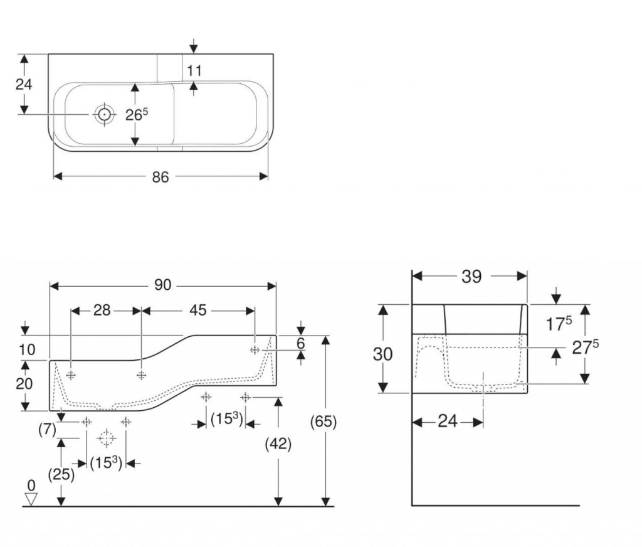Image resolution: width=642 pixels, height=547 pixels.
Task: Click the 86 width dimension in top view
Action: pyautogui.click(x=160, y=177)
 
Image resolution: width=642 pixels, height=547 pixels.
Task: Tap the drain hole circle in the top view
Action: pyautogui.click(x=103, y=114)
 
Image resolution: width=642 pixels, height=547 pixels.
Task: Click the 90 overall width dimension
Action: pyautogui.click(x=162, y=285)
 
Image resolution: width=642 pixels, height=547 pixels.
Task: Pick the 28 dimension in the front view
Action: pyautogui.click(x=102, y=310)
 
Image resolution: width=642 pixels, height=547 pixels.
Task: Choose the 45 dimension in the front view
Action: pyautogui.click(x=198, y=310)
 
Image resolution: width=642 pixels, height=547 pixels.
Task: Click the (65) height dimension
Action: pyautogui.click(x=324, y=423)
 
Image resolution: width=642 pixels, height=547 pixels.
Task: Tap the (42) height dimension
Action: pyautogui.click(x=278, y=443)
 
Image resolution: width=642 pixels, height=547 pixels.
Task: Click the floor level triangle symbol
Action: pyautogui.click(x=31, y=499)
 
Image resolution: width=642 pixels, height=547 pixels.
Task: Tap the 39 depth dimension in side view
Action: pyautogui.click(x=471, y=276)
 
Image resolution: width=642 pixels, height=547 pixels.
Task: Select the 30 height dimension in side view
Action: pyautogui.click(x=382, y=354)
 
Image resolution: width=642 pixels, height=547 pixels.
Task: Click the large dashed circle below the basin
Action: pyautogui.click(x=107, y=437)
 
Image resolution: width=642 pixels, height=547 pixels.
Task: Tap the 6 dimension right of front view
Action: pyautogui.click(x=300, y=343)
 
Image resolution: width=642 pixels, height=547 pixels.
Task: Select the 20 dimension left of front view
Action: pyautogui.click(x=24, y=384)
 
